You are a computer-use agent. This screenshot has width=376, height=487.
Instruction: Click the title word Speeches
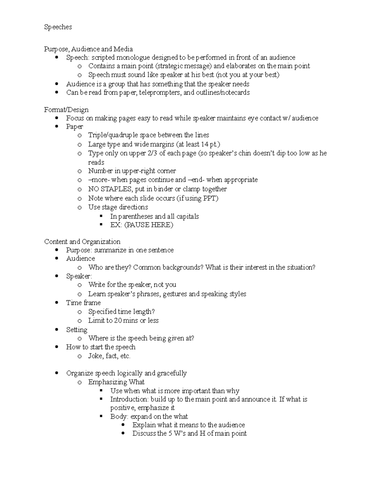(58, 27)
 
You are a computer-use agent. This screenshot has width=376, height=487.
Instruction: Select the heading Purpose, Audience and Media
(88, 49)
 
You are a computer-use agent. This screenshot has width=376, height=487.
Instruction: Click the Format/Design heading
(66, 109)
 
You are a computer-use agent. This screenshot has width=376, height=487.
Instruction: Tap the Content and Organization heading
(82, 241)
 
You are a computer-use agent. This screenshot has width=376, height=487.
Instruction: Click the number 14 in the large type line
(205, 144)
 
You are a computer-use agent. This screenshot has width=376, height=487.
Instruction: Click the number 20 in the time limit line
(118, 320)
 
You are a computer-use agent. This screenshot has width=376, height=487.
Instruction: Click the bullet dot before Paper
(56, 127)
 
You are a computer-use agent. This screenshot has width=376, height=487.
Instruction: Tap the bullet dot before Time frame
(56, 303)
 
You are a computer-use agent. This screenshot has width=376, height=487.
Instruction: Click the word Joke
(96, 356)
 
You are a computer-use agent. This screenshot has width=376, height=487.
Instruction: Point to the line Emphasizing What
(116, 382)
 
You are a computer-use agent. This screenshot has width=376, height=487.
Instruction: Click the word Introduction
(129, 399)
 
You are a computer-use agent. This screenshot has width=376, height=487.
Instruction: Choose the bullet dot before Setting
(56, 330)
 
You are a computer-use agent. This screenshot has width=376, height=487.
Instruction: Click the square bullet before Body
(101, 416)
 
